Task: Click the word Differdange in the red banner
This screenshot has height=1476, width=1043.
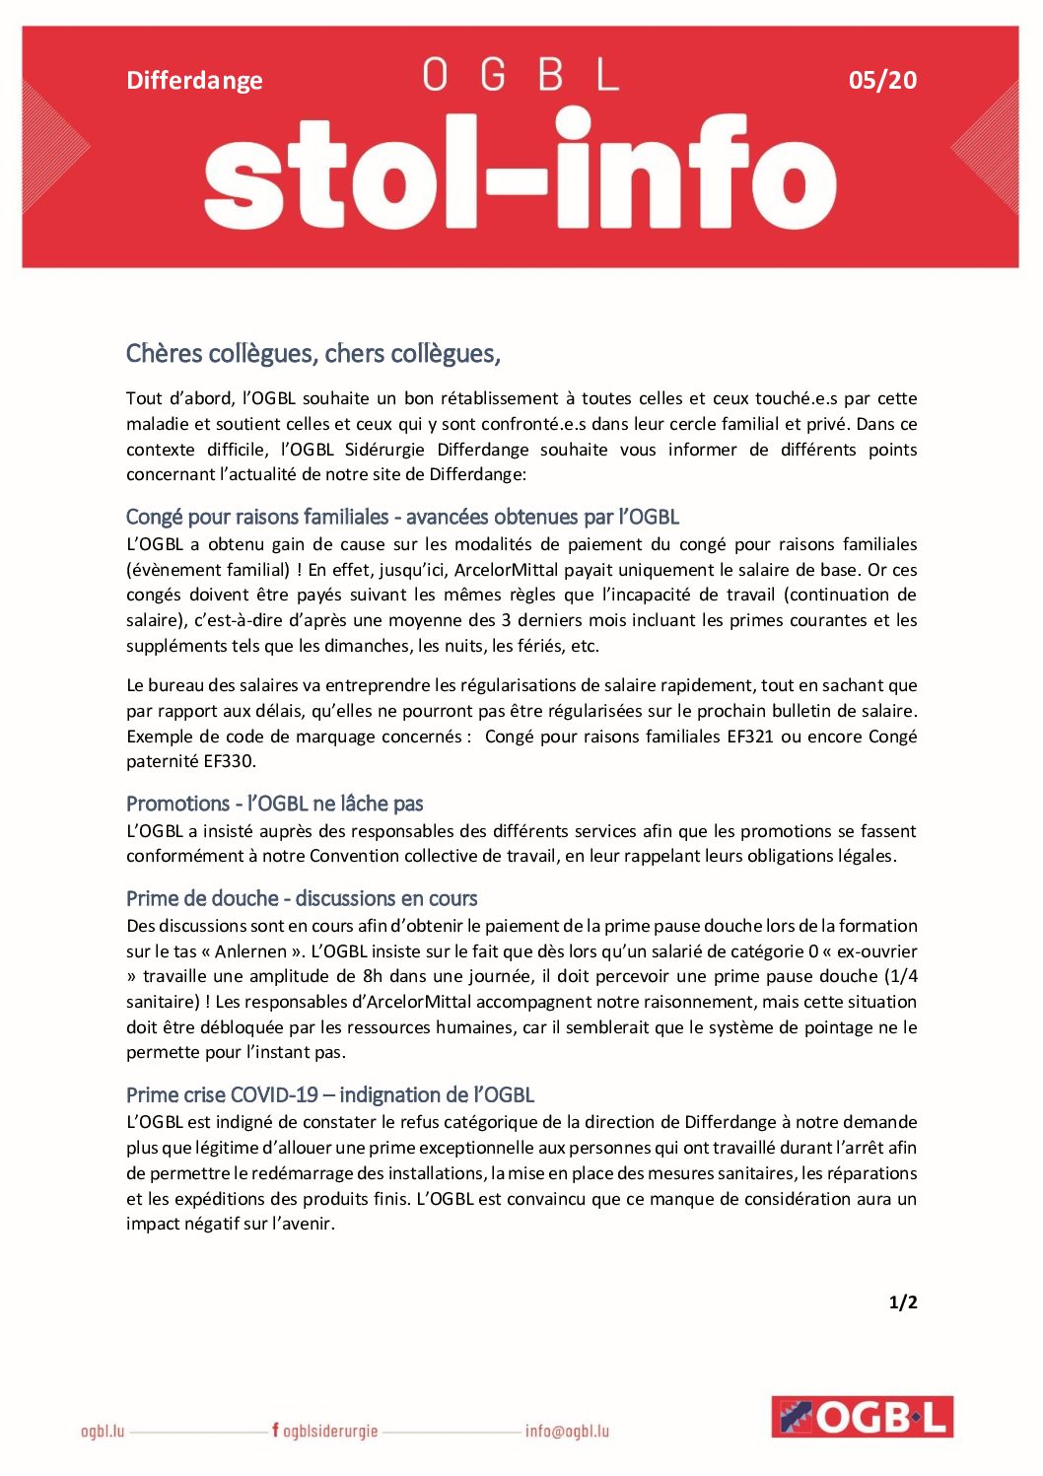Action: [194, 80]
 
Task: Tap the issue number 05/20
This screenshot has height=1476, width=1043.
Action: [882, 80]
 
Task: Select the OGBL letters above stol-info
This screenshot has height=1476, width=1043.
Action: [521, 75]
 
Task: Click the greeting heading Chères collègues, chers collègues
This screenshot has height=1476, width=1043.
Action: [313, 353]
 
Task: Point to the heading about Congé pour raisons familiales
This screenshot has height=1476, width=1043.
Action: [402, 517]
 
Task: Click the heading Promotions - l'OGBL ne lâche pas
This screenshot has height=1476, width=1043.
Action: [274, 804]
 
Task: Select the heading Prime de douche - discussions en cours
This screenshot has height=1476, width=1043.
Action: [301, 898]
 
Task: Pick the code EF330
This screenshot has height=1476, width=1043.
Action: [229, 761]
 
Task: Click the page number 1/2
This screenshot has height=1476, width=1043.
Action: [903, 1302]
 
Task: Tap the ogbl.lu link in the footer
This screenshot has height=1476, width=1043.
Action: [103, 1431]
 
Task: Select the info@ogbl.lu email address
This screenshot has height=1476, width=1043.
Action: [567, 1431]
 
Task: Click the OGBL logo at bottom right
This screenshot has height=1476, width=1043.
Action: [862, 1417]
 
